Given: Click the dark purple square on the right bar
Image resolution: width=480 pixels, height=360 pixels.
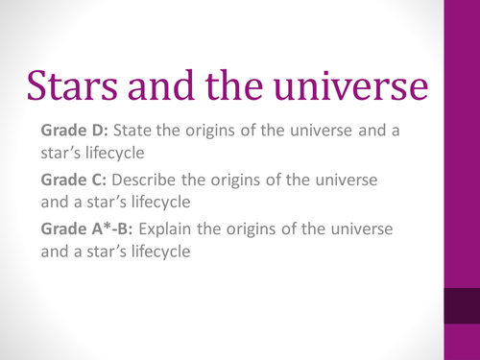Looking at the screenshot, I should (x=461, y=307).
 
